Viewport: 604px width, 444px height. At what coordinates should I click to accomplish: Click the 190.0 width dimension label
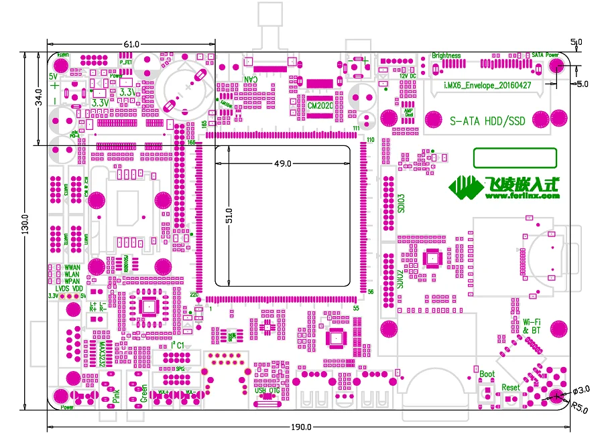tap(301, 427)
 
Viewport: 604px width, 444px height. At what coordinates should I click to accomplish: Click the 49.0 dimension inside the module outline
tap(283, 163)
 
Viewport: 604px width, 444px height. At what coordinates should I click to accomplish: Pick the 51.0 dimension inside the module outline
tap(229, 216)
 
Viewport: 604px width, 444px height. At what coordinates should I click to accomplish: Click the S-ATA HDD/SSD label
tap(487, 121)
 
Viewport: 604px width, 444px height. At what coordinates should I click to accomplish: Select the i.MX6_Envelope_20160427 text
tap(488, 86)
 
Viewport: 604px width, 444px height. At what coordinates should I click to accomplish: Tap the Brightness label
tap(446, 56)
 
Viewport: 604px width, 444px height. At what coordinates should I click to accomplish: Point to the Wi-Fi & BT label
tap(532, 326)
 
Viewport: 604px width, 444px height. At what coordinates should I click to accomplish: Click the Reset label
tap(511, 387)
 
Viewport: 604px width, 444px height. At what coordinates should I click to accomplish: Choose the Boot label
tap(487, 374)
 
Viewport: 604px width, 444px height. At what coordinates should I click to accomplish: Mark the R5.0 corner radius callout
tap(579, 406)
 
